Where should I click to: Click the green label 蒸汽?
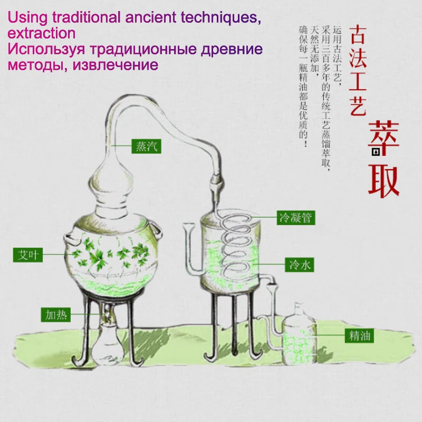point(146,146)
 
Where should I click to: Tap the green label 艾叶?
point(28,255)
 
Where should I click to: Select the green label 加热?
point(56,314)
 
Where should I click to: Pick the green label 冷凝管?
point(296,218)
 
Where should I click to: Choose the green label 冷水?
point(300,265)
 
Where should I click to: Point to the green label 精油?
point(359,335)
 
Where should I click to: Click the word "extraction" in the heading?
point(42,33)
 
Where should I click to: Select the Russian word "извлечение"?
point(116,65)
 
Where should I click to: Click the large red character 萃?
point(383,138)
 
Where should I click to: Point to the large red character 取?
point(383,181)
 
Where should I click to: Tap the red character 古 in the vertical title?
point(358,34)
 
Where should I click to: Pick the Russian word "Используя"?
point(46,50)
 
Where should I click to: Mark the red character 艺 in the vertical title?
point(358,106)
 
